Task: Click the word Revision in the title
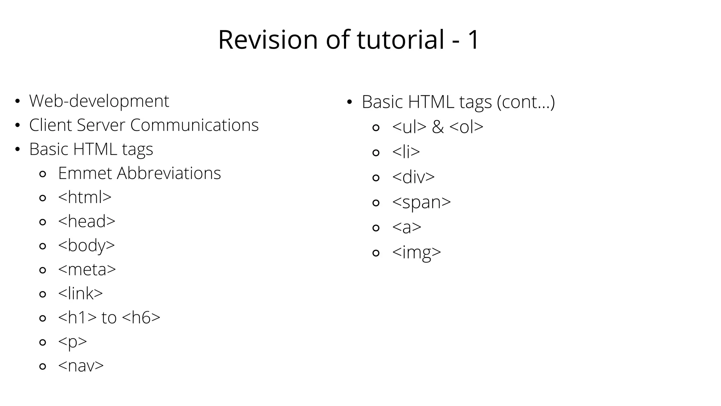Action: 268,39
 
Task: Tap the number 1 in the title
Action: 472,39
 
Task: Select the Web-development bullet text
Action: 99,101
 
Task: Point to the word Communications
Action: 194,125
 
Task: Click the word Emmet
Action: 84,173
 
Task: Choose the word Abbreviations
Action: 169,173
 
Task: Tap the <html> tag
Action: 84,197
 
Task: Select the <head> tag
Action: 87,221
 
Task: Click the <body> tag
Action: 86,245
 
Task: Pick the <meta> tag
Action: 87,270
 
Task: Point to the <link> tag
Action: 80,294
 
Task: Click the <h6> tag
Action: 141,318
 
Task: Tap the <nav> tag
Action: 81,366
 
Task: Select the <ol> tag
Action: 466,127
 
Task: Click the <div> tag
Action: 413,177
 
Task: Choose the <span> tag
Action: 421,202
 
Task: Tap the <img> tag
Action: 416,252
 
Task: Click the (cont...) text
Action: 526,102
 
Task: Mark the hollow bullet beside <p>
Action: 43,342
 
